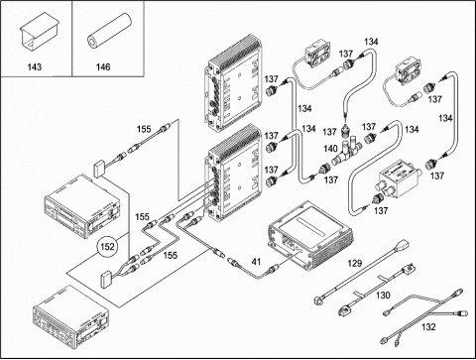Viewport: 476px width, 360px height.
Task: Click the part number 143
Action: click(35, 67)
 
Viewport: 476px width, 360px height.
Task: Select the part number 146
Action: click(103, 67)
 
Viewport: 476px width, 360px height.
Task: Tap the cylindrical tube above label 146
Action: click(109, 31)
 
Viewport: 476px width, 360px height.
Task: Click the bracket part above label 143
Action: click(40, 32)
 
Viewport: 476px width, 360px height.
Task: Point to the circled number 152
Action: click(107, 247)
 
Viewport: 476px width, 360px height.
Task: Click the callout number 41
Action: click(256, 262)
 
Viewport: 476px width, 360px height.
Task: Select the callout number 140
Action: click(330, 149)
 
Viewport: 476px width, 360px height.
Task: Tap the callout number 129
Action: click(355, 264)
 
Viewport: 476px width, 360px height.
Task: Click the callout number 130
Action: click(383, 295)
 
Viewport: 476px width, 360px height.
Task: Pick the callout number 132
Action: click(428, 327)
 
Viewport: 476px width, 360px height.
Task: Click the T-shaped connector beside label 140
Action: click(346, 153)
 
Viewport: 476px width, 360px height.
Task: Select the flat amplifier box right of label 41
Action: click(310, 236)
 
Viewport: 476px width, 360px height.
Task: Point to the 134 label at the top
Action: click(371, 42)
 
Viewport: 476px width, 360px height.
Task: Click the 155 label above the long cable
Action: click(144, 129)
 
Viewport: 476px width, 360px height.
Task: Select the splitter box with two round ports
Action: click(399, 180)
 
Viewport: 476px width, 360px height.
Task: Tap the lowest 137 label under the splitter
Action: click(381, 210)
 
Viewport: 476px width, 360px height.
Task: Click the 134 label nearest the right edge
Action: click(445, 118)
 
